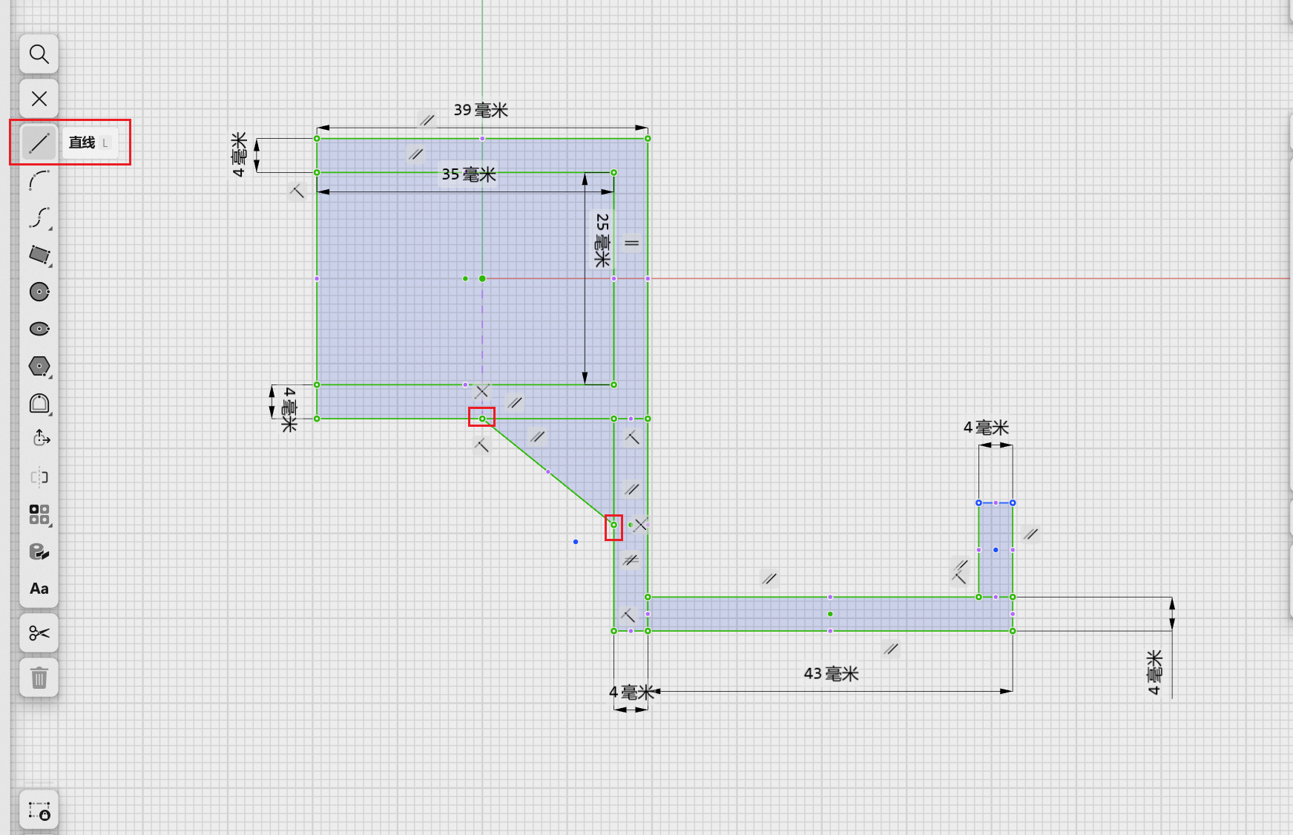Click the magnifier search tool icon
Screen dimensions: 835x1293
[39, 54]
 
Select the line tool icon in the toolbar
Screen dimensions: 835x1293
[39, 143]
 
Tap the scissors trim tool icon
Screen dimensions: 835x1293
[39, 633]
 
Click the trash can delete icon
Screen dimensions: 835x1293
[39, 678]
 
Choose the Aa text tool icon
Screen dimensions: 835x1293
[39, 589]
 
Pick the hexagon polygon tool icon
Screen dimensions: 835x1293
[39, 366]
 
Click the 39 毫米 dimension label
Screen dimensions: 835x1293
[481, 111]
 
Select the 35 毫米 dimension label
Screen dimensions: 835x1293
[469, 174]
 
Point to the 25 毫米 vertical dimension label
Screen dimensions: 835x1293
[602, 240]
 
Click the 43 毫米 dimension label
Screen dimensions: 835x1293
[831, 674]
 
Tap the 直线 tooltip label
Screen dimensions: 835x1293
[82, 143]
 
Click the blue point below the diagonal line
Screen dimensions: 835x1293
[576, 542]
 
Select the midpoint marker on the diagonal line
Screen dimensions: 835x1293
[548, 471]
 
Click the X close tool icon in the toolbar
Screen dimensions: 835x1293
[39, 99]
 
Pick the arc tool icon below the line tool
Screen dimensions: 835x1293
[39, 180]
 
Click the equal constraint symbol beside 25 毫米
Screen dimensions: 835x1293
[631, 243]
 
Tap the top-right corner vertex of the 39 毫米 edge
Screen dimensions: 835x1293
[648, 139]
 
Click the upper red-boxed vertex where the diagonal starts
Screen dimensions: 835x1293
[482, 419]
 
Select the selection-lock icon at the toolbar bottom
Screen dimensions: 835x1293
[39, 810]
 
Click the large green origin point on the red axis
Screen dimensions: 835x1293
[482, 278]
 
